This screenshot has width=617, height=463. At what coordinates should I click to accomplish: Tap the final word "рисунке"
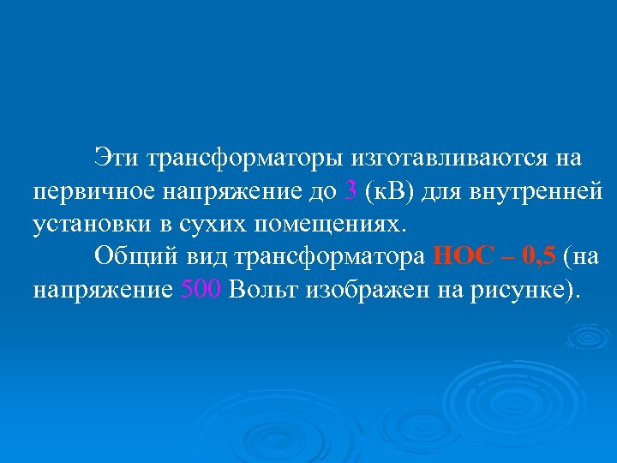pyautogui.click(x=518, y=289)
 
